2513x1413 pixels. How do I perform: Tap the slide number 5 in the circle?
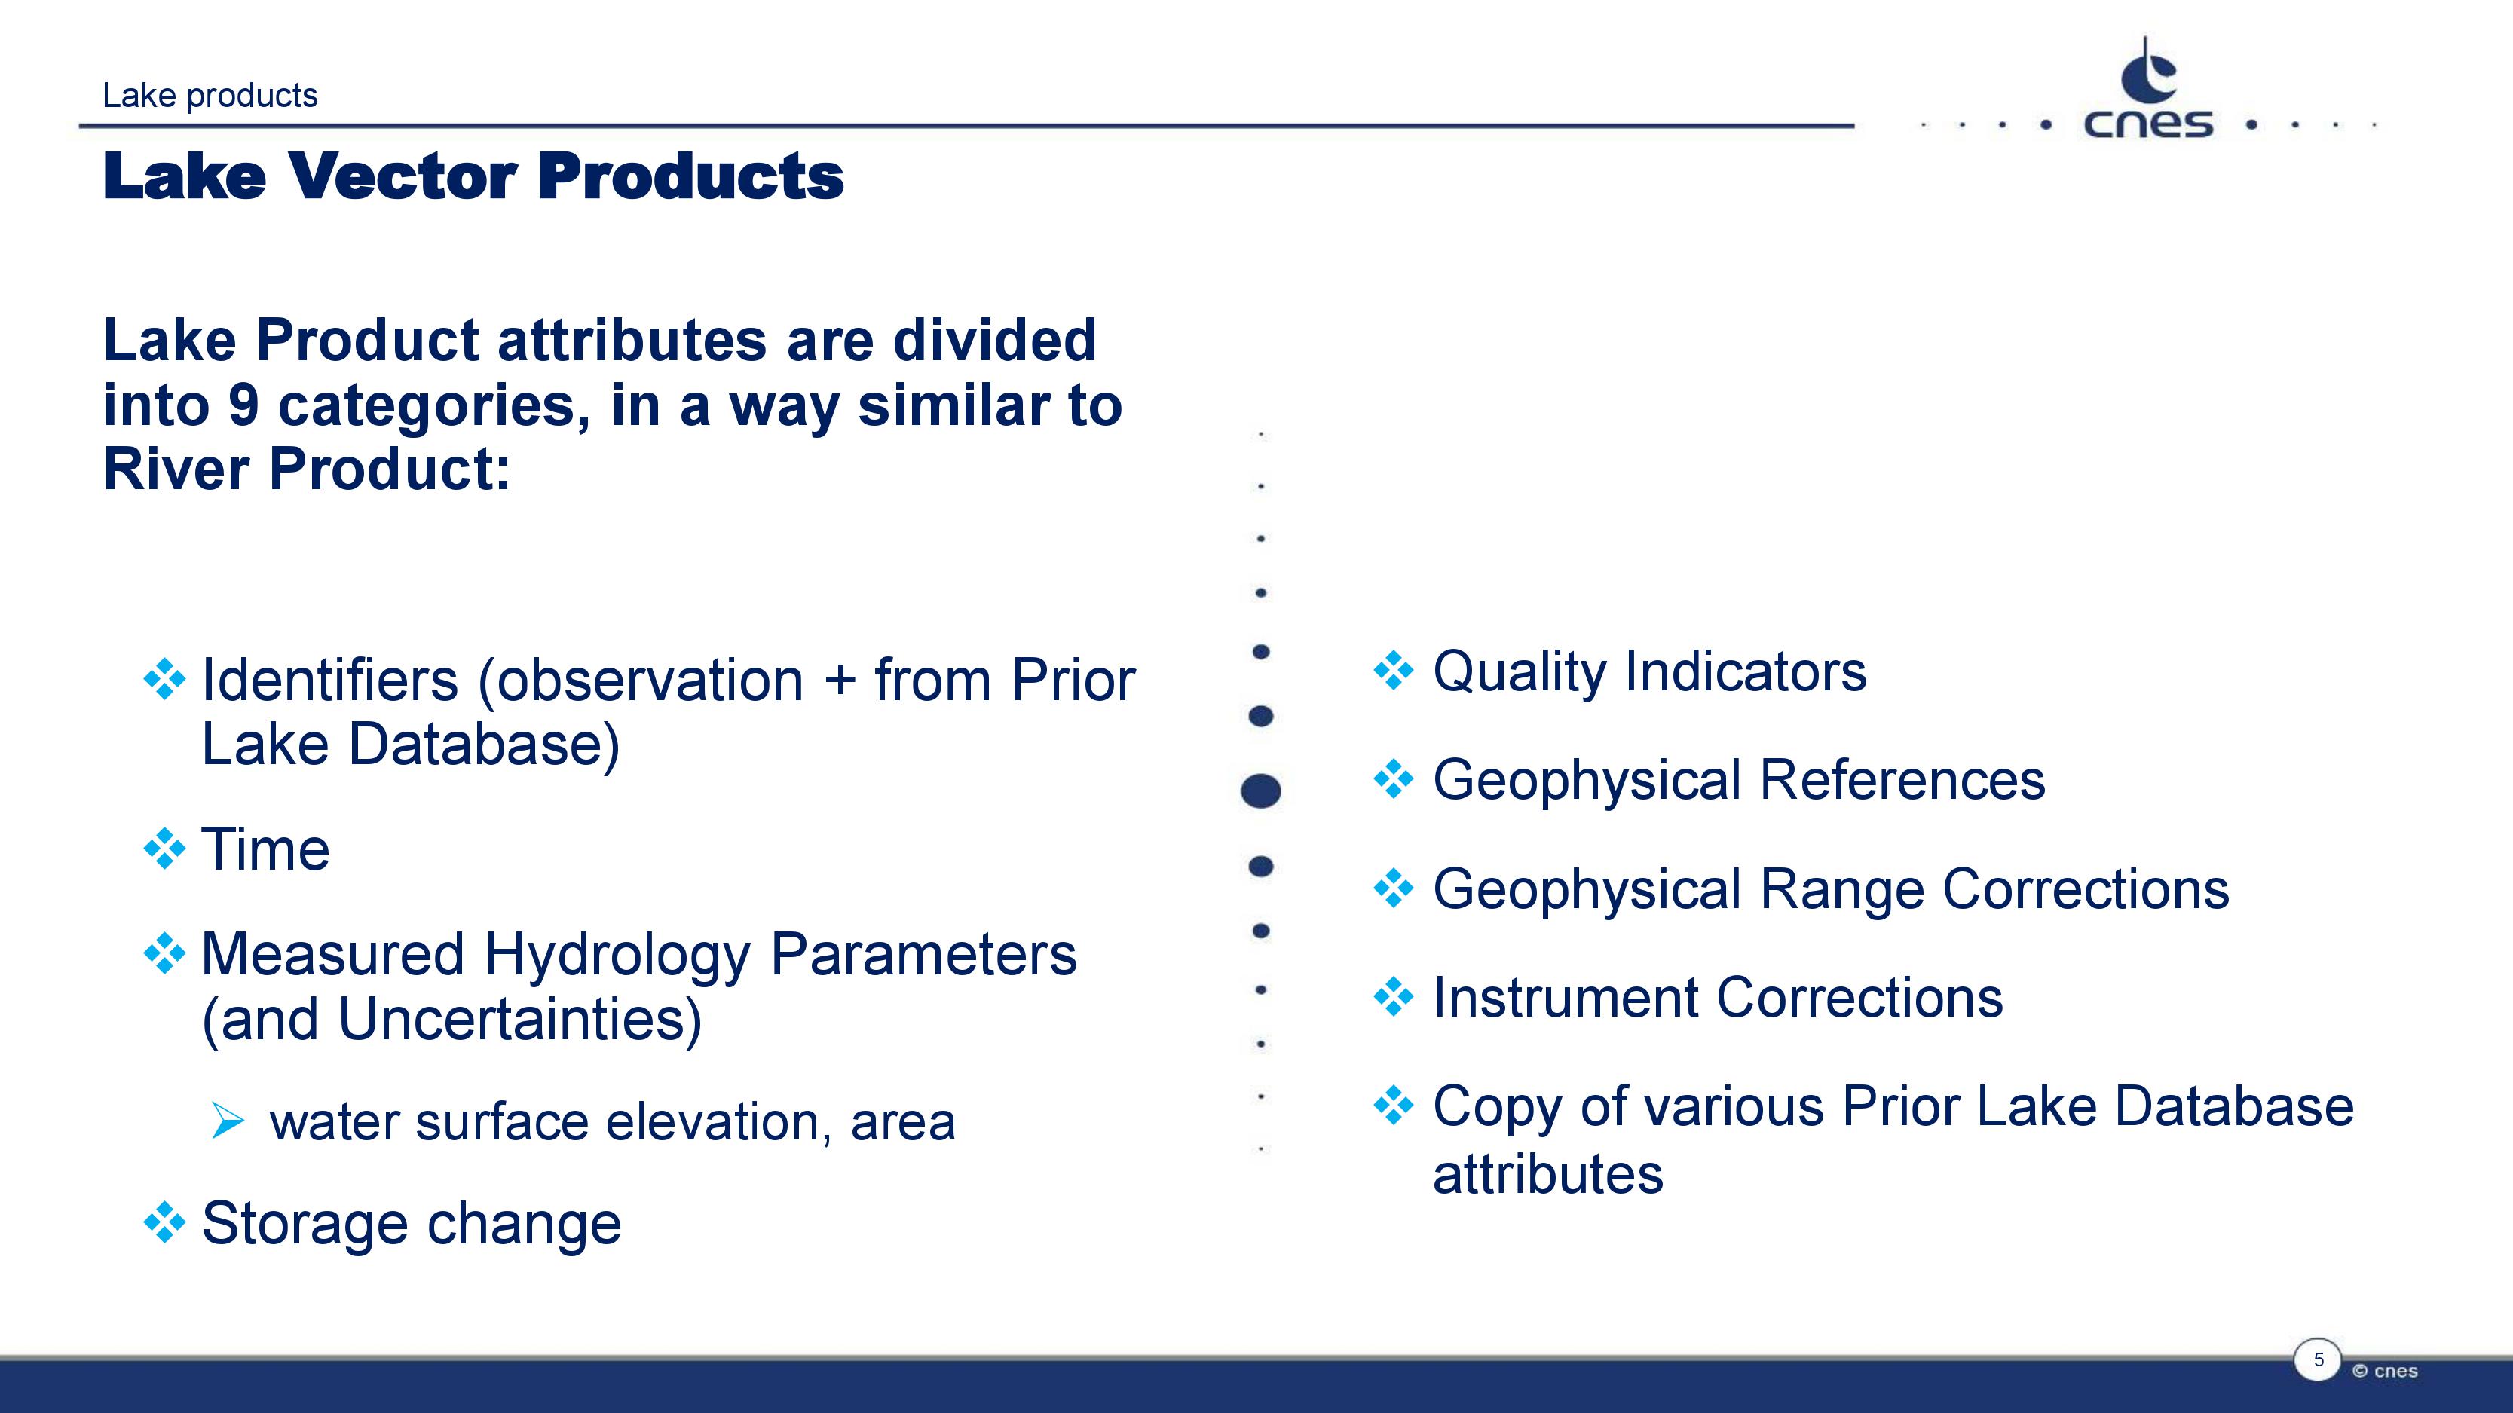(x=2319, y=1359)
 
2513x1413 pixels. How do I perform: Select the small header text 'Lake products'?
(x=210, y=96)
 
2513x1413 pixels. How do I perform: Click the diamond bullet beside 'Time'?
(x=164, y=849)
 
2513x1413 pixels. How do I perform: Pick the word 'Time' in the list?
(x=265, y=849)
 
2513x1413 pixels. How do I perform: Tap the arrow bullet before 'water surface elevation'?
(x=228, y=1121)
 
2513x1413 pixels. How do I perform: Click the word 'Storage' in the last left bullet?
(x=305, y=1225)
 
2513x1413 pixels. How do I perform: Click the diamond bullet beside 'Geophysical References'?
(x=1393, y=779)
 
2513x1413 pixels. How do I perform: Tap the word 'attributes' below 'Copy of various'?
(x=1548, y=1173)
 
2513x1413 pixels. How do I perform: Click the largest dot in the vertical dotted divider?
(x=1260, y=791)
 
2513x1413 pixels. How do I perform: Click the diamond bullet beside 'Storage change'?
(x=164, y=1223)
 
